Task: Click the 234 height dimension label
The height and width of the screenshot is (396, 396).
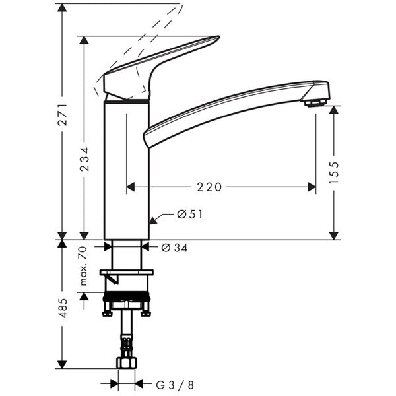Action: [84, 159]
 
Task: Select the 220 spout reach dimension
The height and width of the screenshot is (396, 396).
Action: [209, 187]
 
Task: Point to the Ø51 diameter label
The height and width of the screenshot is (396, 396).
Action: [189, 214]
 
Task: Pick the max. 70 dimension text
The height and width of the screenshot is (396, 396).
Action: [84, 266]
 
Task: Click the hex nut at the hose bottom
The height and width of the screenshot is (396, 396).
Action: [125, 362]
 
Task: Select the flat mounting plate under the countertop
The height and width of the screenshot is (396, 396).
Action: [125, 272]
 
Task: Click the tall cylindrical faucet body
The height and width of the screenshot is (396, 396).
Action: [125, 172]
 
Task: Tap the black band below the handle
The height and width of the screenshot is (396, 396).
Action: [125, 101]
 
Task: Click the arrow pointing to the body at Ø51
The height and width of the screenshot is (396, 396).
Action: [153, 218]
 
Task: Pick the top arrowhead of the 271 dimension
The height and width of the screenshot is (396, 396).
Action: [61, 8]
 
